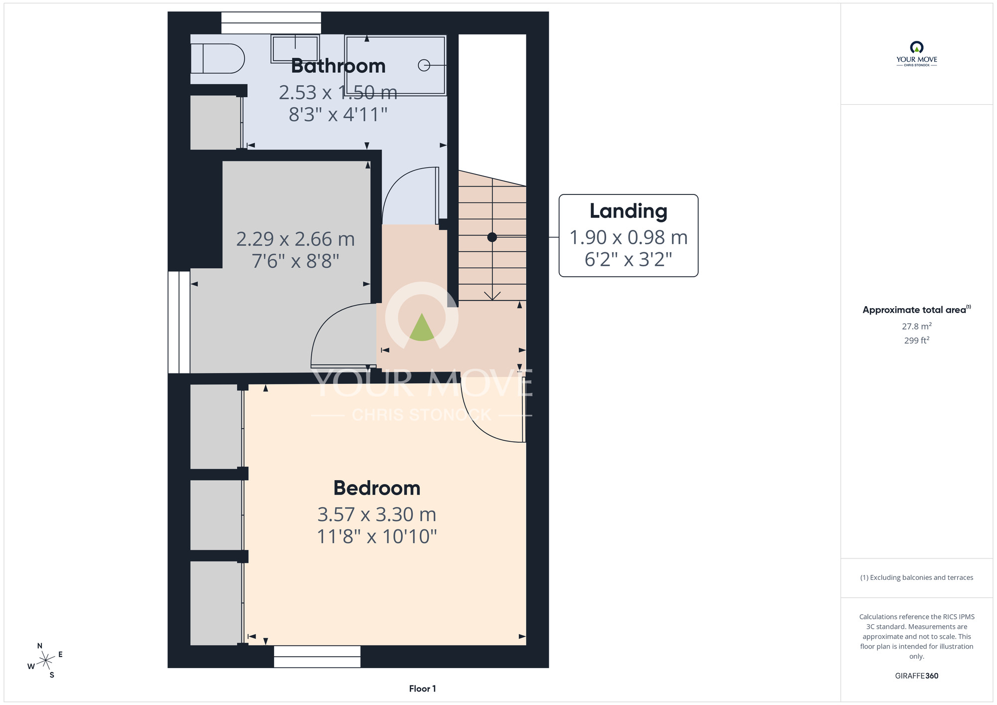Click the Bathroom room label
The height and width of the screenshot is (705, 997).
pyautogui.click(x=338, y=66)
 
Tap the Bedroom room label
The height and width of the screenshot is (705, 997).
pyautogui.click(x=377, y=488)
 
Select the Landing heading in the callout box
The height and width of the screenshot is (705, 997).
pyautogui.click(x=628, y=211)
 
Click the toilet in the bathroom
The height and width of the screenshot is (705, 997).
pyautogui.click(x=217, y=59)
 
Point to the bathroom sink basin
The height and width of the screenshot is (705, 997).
pyautogui.click(x=295, y=48)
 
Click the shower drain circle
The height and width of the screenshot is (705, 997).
pyautogui.click(x=424, y=65)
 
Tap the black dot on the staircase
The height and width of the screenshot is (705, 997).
pyautogui.click(x=492, y=237)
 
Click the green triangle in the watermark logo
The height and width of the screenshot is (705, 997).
pyautogui.click(x=422, y=328)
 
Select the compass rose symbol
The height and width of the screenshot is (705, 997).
pyautogui.click(x=45, y=661)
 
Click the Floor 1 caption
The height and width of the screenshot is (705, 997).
pyautogui.click(x=422, y=689)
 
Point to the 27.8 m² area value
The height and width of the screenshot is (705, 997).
pyautogui.click(x=917, y=326)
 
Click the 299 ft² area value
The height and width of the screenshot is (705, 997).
pyautogui.click(x=917, y=340)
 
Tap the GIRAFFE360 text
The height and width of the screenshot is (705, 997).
pyautogui.click(x=917, y=676)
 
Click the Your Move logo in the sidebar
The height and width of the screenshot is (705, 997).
pyautogui.click(x=917, y=54)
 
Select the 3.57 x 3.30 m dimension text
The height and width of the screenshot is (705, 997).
pyautogui.click(x=377, y=515)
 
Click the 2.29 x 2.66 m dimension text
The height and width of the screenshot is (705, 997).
pyautogui.click(x=296, y=239)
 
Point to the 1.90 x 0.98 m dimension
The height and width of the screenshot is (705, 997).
pyautogui.click(x=629, y=238)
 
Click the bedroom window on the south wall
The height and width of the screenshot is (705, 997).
pyautogui.click(x=317, y=657)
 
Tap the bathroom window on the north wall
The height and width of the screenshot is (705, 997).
pyautogui.click(x=271, y=23)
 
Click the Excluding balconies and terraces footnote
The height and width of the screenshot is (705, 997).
pyautogui.click(x=917, y=577)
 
